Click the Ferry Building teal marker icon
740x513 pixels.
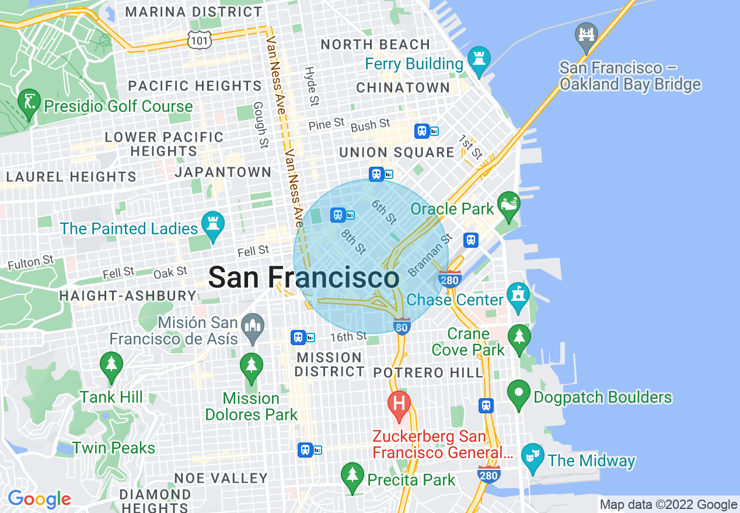point(479,60)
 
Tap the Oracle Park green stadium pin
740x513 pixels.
point(509,205)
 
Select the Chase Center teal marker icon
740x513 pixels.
point(518,296)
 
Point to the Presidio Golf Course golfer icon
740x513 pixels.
point(29,103)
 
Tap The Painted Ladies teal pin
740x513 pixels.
point(213,225)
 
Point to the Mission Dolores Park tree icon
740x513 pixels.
point(252,367)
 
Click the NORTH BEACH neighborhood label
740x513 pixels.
point(375,44)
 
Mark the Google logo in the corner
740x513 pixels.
point(39,499)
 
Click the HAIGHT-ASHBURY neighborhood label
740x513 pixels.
point(128,296)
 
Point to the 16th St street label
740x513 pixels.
point(349,336)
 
